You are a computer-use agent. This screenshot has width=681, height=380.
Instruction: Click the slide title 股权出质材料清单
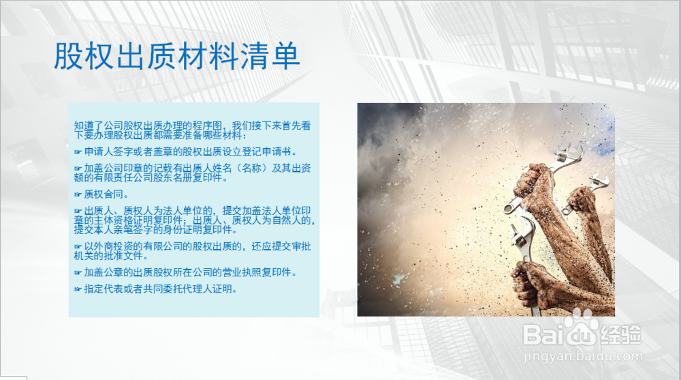click(177, 56)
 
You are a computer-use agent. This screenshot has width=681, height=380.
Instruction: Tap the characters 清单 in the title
click(270, 56)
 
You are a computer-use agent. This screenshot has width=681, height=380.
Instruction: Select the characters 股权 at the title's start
click(84, 56)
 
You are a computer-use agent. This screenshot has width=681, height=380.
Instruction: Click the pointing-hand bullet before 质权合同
click(78, 194)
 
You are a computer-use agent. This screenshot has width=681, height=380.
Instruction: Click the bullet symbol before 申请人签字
click(78, 152)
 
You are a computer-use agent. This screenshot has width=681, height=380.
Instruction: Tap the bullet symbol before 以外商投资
click(78, 247)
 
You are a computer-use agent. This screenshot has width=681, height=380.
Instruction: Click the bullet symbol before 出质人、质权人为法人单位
click(78, 211)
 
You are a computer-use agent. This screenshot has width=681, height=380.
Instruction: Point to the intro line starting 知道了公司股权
click(193, 130)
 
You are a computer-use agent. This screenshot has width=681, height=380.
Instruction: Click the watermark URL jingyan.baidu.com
click(582, 356)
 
